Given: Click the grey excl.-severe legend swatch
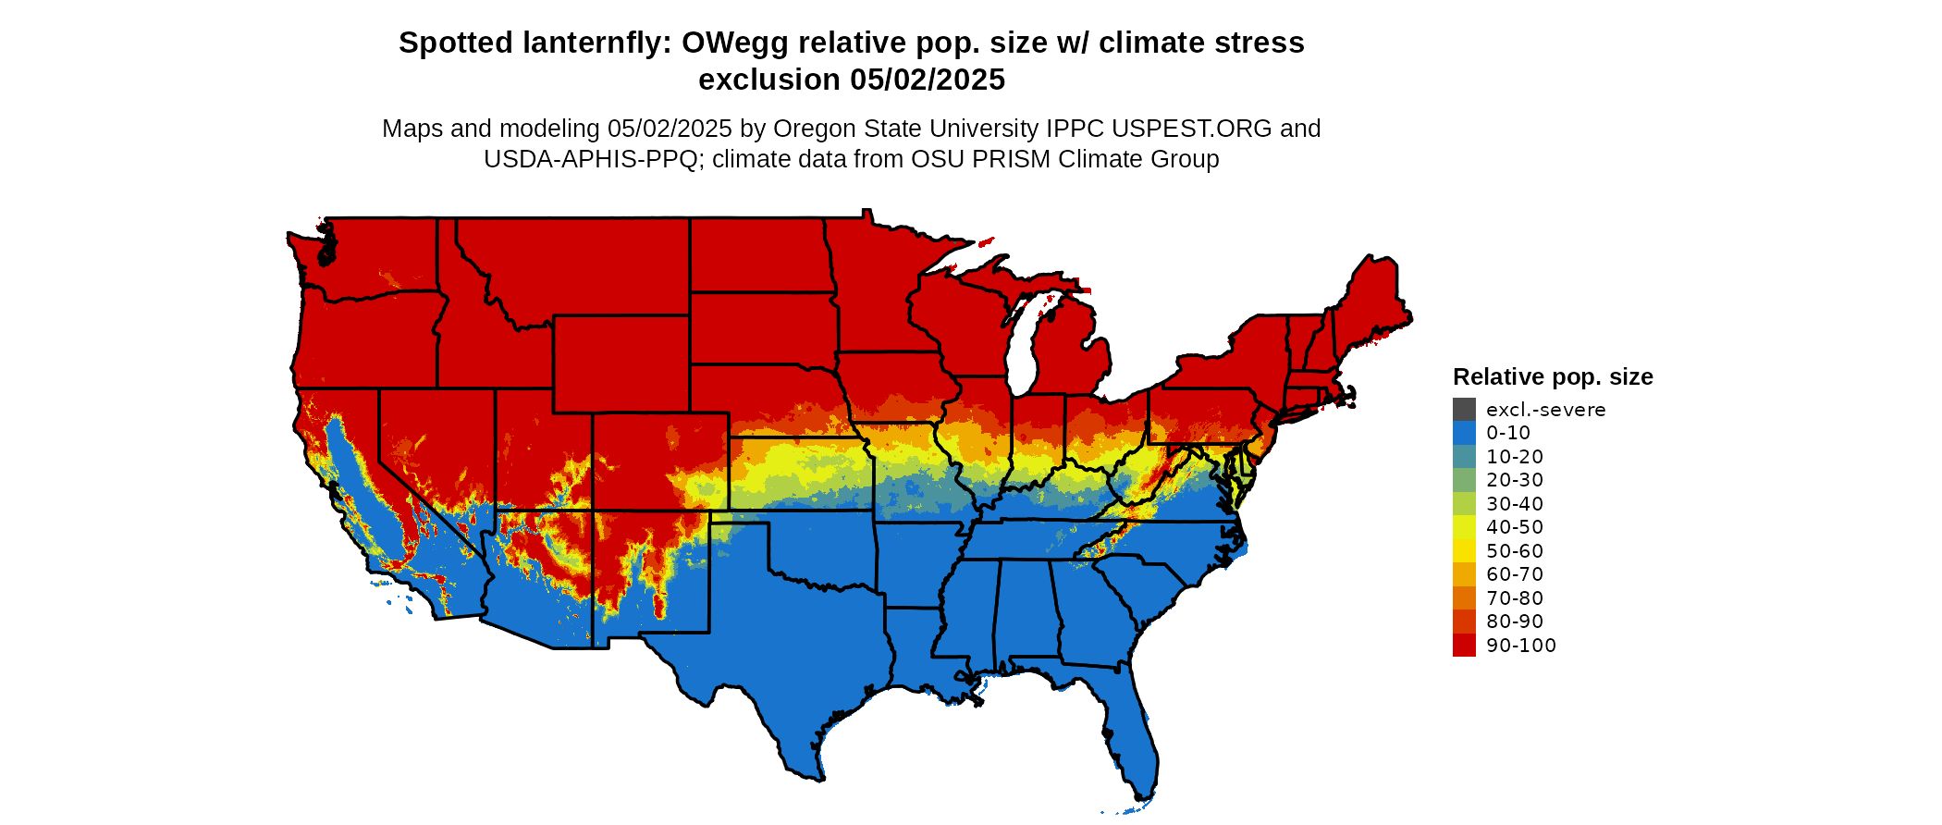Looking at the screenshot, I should click(1464, 410).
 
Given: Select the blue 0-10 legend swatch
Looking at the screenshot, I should click(1464, 433).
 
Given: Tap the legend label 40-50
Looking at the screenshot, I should click(1515, 527).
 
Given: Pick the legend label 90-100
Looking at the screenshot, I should click(1521, 646).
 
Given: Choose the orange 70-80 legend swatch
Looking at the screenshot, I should click(1464, 598).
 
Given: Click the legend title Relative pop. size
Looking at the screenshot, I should click(1553, 376).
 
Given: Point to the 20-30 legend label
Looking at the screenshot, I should click(1515, 480).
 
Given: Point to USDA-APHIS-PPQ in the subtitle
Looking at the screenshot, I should click(590, 159).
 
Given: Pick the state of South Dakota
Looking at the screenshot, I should click(763, 327).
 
